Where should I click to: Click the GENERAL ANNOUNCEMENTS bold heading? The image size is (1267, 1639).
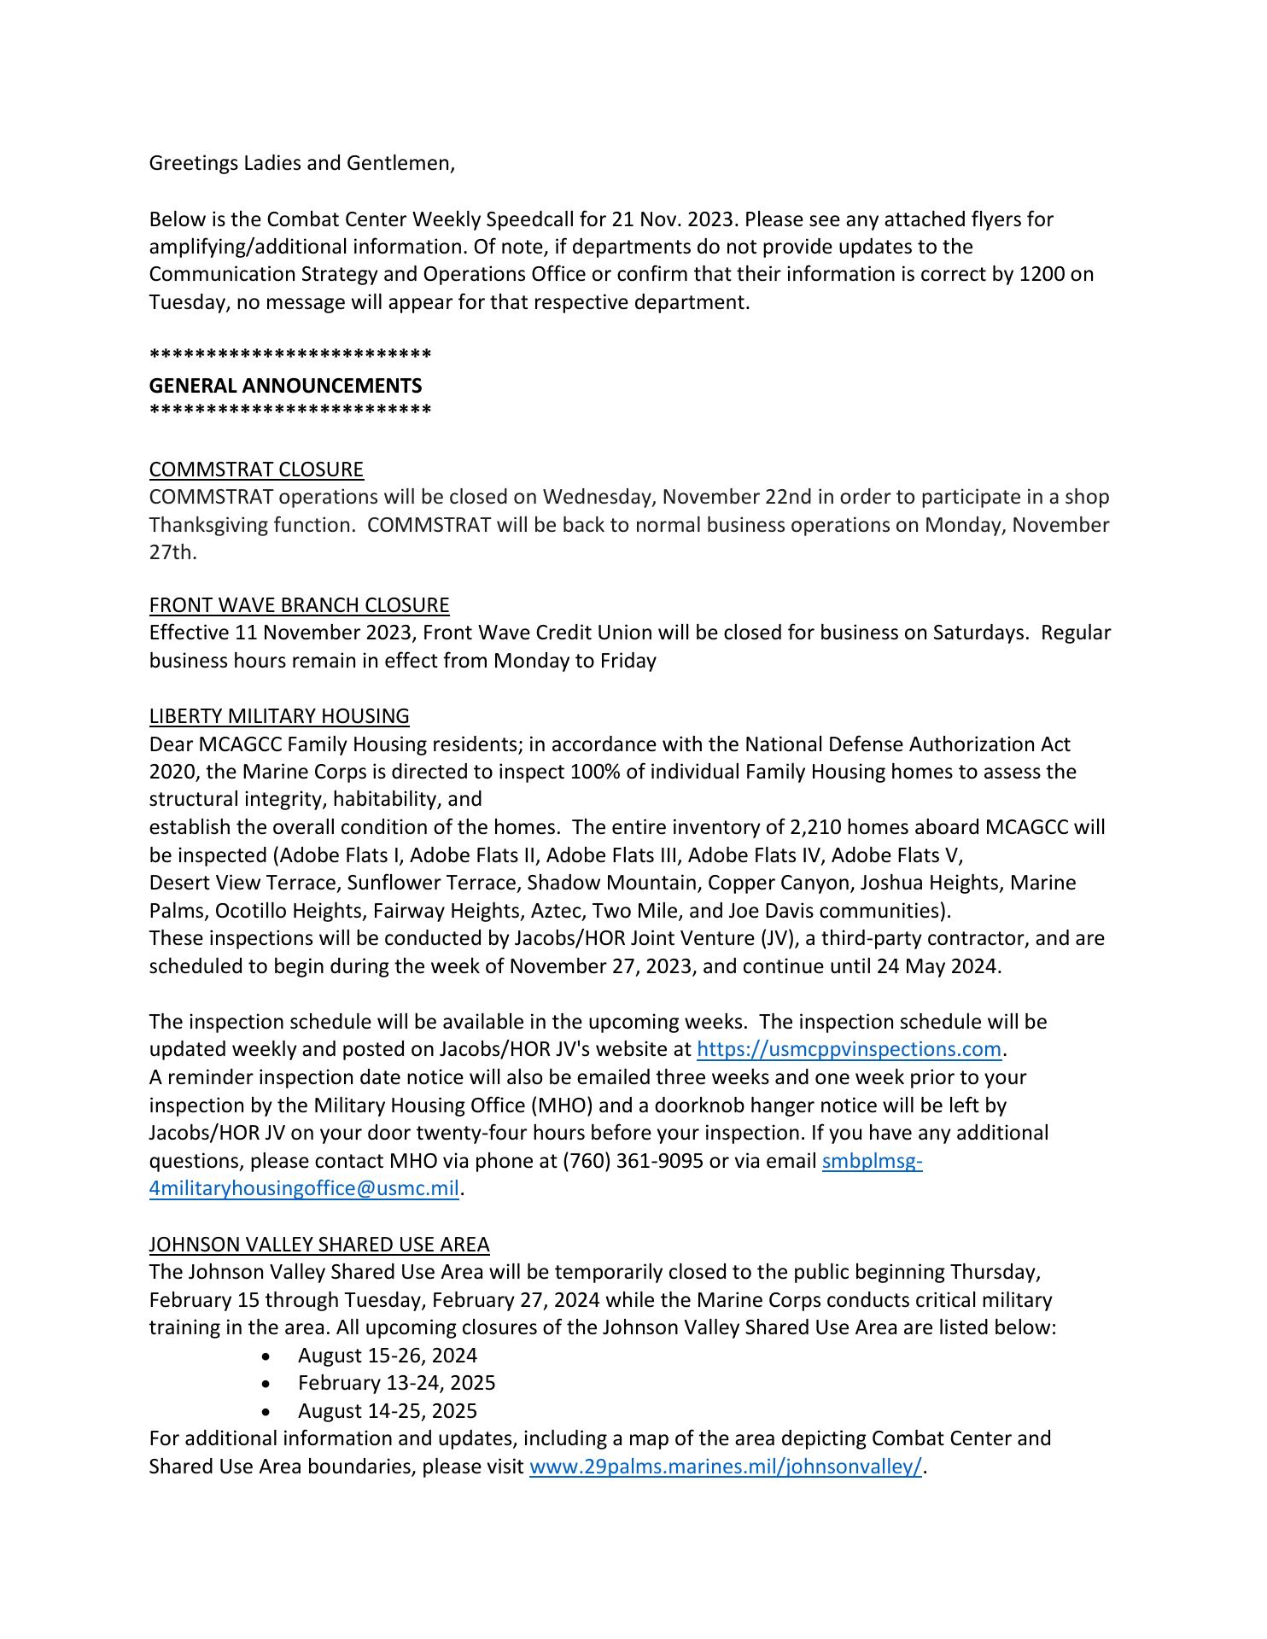pos(285,386)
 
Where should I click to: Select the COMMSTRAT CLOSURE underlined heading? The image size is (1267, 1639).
pos(256,470)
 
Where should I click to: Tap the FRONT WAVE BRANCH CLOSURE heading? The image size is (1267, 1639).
pos(299,605)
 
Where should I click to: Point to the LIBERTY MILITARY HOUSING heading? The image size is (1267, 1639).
pos(279,715)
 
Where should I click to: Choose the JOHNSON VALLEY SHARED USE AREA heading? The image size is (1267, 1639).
pos(319,1245)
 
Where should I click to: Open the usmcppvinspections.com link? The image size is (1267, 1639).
pos(849,1049)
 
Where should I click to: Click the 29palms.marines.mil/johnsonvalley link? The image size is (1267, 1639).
pos(726,1467)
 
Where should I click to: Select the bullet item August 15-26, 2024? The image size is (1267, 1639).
pos(387,1356)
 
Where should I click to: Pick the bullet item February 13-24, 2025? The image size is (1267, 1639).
pos(396,1383)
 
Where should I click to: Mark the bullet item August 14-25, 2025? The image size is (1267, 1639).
pos(387,1411)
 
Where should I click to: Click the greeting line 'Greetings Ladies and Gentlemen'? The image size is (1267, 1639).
pos(301,163)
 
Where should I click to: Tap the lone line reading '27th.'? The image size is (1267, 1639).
pos(172,552)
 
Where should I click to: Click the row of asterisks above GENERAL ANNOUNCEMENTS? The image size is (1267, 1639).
pos(290,355)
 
